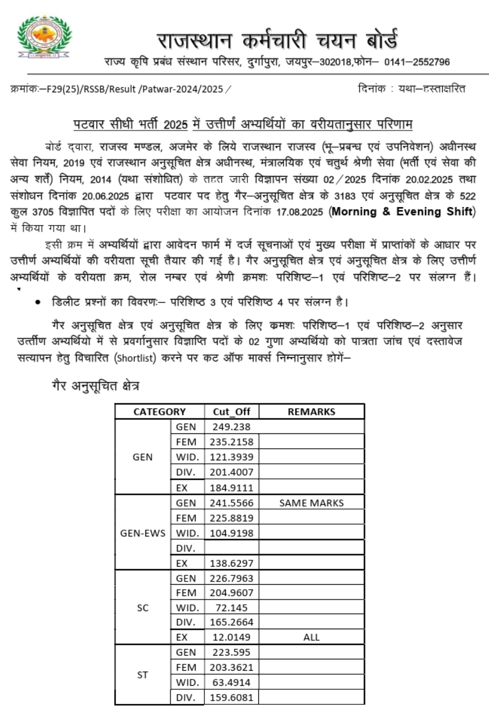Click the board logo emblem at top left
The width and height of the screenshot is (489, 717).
pos(44,37)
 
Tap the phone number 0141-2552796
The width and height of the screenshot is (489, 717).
pos(417,62)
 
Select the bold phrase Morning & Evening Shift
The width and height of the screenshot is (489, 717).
pos(402,212)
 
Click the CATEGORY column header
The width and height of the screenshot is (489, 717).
pos(159,411)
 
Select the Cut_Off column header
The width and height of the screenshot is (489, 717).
pos(231,411)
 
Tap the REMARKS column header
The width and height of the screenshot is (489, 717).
pos(311,411)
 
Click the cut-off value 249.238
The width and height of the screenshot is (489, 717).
pos(231,427)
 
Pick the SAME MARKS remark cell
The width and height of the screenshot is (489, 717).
pos(311,503)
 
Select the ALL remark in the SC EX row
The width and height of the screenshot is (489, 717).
pos(311,637)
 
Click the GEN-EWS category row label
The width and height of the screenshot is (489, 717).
pos(142,533)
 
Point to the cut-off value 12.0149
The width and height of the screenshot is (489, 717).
pos(231,637)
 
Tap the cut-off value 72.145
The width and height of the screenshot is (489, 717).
pos(231,608)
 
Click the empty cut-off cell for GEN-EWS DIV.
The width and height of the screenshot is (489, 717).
pos(231,548)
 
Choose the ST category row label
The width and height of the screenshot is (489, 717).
pos(142,675)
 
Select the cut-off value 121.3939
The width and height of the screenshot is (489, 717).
pos(231,457)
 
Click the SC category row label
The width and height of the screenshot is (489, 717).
pos(142,608)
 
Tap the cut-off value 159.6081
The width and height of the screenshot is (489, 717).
pos(231,697)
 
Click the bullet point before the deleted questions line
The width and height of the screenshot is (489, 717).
pos(38,303)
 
